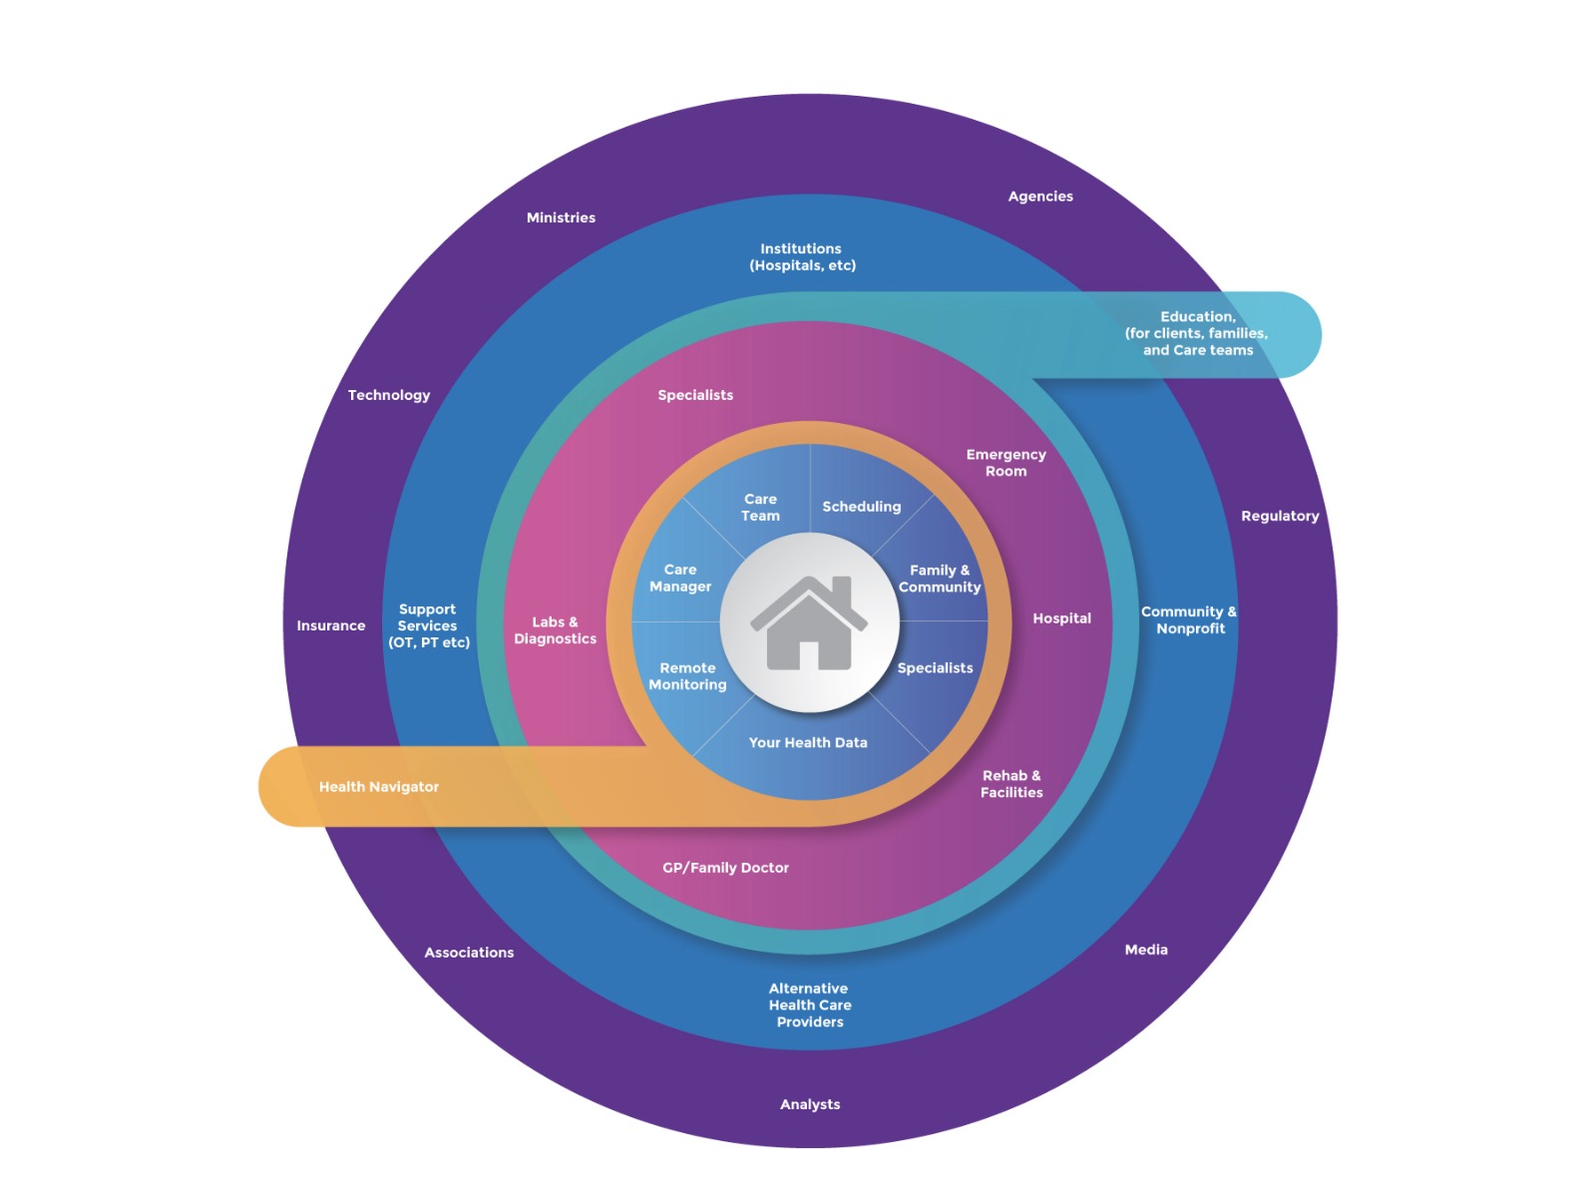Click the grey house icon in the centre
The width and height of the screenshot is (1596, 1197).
click(x=809, y=622)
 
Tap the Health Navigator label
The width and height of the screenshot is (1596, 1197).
click(x=379, y=787)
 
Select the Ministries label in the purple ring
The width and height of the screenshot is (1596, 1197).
click(x=561, y=217)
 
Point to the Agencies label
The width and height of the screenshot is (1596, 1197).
click(x=1040, y=197)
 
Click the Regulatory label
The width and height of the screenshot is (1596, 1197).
click(x=1280, y=516)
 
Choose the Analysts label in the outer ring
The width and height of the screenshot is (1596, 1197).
click(x=810, y=1104)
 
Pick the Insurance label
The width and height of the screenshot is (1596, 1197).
click(x=331, y=625)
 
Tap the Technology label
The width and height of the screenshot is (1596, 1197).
click(x=389, y=395)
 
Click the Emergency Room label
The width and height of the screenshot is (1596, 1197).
click(x=1005, y=463)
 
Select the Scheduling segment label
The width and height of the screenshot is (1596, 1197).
click(x=862, y=507)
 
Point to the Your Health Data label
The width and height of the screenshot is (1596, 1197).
click(x=808, y=742)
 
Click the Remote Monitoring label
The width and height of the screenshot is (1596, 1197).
click(x=687, y=676)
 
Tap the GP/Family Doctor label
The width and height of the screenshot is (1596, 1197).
click(x=725, y=868)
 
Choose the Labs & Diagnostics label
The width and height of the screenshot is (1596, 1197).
click(x=556, y=630)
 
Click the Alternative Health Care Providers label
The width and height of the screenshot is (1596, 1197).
click(x=810, y=1005)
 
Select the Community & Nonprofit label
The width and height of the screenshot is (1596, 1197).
click(x=1189, y=619)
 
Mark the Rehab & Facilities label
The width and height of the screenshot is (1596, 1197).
click(x=1011, y=784)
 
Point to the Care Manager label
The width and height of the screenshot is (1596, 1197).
click(x=680, y=579)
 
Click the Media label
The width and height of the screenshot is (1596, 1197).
click(x=1146, y=950)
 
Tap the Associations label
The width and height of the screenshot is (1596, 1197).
click(x=469, y=953)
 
